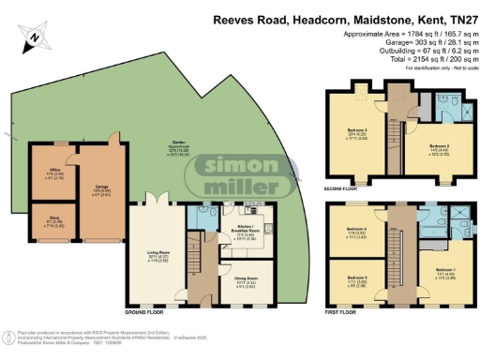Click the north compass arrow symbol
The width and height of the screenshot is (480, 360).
[34, 36]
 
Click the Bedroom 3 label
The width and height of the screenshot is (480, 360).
[354, 136]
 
